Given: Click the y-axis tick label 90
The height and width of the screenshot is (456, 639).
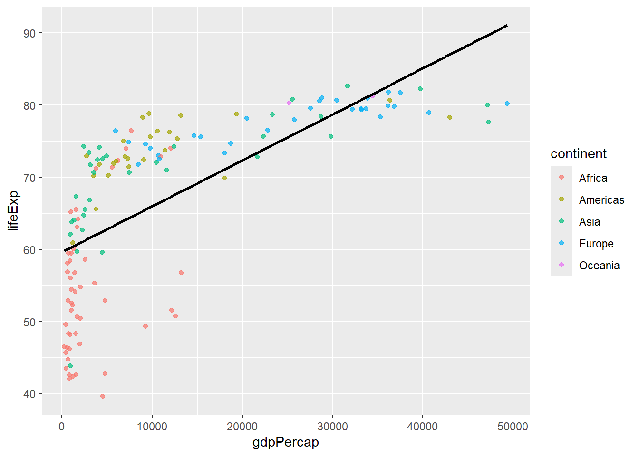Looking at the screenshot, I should [x=29, y=33].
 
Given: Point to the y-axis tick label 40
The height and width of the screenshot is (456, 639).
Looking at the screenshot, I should [x=29, y=394].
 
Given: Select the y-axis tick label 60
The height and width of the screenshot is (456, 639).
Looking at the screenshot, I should [x=29, y=250].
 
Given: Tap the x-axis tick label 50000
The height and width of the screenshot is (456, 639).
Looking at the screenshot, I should [x=513, y=427].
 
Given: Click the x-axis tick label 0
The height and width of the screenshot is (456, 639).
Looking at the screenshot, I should [x=62, y=427].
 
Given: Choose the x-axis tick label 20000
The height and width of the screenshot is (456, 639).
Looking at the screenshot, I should [x=242, y=427].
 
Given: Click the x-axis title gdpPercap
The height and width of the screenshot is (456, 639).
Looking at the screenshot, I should [x=285, y=442].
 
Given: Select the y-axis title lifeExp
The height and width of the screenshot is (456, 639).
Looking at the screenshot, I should [x=13, y=210].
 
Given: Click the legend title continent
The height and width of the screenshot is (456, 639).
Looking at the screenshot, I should [x=578, y=154].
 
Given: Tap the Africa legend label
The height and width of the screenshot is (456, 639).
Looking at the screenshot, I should [x=593, y=178].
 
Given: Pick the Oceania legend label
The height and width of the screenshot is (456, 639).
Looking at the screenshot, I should [x=599, y=266].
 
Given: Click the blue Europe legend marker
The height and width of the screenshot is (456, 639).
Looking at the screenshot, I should [x=562, y=243].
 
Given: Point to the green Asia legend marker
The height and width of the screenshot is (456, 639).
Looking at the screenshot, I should [x=562, y=221].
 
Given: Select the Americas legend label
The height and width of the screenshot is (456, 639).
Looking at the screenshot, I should [x=601, y=200].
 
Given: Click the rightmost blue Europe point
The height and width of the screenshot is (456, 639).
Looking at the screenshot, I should [x=507, y=104].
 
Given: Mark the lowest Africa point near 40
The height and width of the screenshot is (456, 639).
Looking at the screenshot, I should [x=103, y=396].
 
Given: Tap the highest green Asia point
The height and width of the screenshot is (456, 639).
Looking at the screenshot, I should [x=348, y=86].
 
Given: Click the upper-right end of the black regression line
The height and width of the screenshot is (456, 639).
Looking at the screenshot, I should [x=507, y=25].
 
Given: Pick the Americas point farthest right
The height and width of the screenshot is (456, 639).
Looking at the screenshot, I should [x=450, y=117].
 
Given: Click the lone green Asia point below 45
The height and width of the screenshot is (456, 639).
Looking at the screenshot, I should [x=70, y=366].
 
